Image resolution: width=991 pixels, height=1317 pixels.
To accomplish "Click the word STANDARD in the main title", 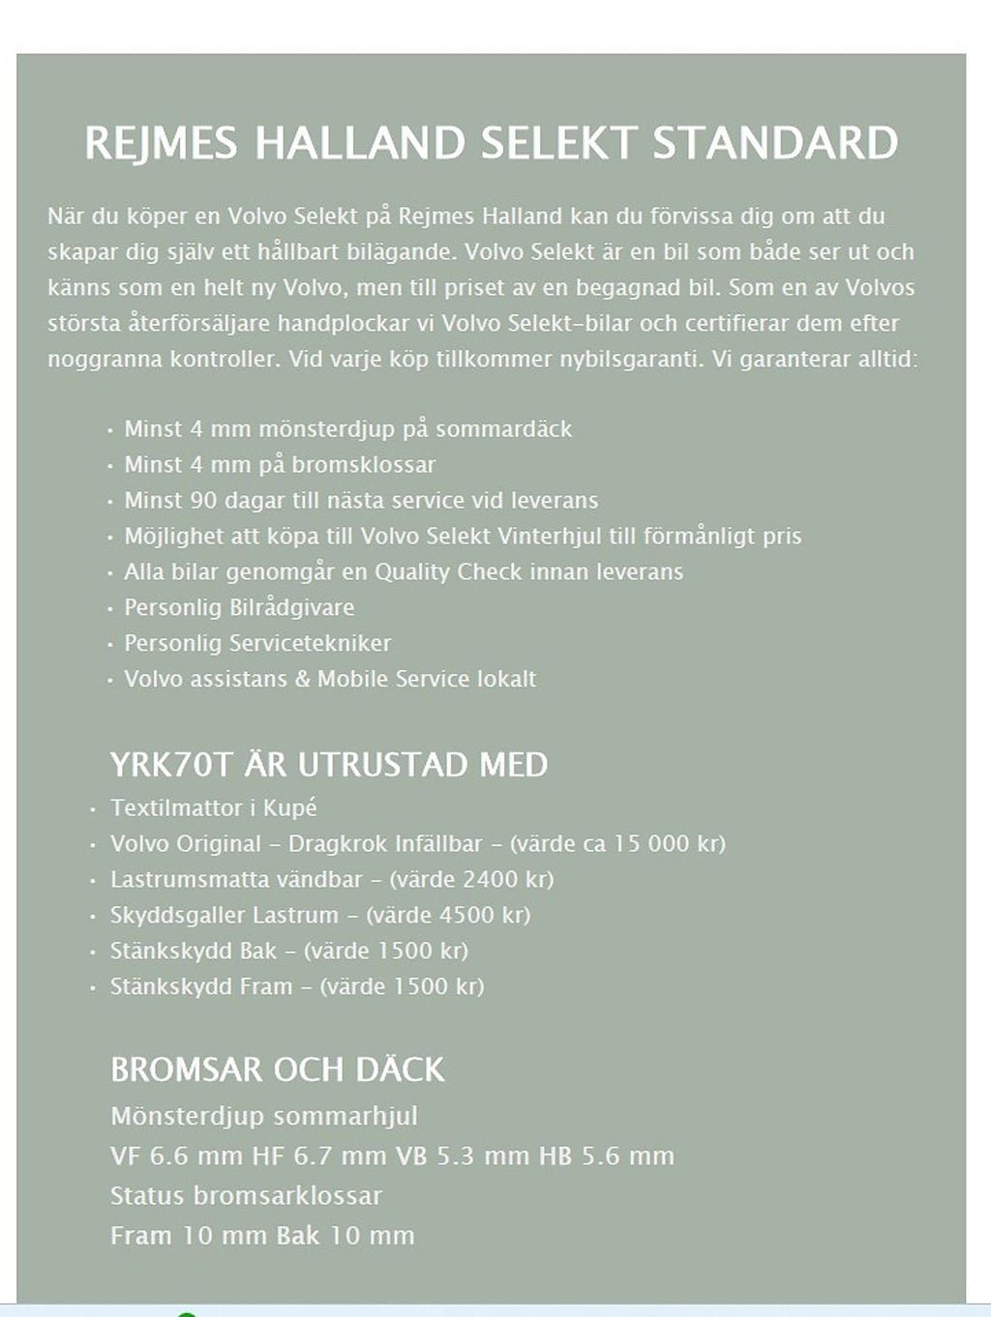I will [x=775, y=143].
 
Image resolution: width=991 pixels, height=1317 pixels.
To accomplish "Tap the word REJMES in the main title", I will [x=161, y=143].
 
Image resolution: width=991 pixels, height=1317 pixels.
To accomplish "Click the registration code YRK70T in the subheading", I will [x=171, y=765].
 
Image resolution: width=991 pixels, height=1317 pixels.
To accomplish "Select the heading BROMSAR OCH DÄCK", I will [x=278, y=1069].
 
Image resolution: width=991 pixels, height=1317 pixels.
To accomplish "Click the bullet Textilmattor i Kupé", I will [x=214, y=807].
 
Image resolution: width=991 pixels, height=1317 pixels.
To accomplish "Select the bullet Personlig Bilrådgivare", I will [x=239, y=607].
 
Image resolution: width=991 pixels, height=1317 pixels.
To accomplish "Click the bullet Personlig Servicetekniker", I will [x=257, y=643].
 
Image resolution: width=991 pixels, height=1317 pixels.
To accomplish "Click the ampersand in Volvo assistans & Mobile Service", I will [x=302, y=679].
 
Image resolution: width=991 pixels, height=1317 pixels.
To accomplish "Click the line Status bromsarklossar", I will [x=246, y=1195].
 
